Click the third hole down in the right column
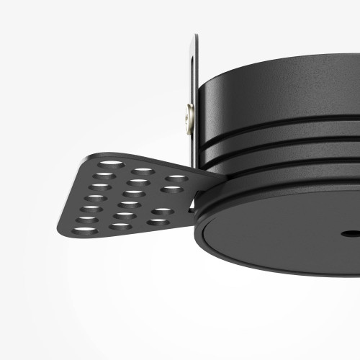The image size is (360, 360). (163, 212)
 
